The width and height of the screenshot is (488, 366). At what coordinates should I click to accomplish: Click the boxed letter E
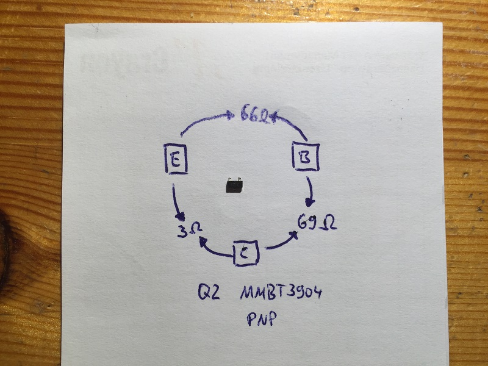pyautogui.click(x=176, y=159)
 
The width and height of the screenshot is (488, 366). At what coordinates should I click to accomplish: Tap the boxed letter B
pyautogui.click(x=306, y=157)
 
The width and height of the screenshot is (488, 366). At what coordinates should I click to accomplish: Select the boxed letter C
pyautogui.click(x=246, y=253)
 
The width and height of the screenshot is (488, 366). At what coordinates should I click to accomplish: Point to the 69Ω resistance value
pyautogui.click(x=317, y=222)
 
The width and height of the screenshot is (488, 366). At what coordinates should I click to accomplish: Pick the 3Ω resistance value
pyautogui.click(x=190, y=231)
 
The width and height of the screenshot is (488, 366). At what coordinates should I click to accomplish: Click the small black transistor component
pyautogui.click(x=234, y=185)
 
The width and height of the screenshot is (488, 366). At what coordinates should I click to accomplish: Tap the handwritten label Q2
pyautogui.click(x=209, y=292)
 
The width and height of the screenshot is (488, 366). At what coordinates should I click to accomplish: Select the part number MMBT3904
pyautogui.click(x=281, y=293)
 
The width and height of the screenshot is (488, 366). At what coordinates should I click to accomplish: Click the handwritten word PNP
pyautogui.click(x=262, y=319)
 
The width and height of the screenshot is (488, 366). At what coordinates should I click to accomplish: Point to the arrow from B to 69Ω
pyautogui.click(x=310, y=192)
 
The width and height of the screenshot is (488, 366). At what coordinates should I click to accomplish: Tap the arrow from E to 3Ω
pyautogui.click(x=177, y=203)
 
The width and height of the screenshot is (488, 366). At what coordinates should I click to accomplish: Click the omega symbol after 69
pyautogui.click(x=329, y=223)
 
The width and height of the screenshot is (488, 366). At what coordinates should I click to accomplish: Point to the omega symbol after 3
pyautogui.click(x=195, y=231)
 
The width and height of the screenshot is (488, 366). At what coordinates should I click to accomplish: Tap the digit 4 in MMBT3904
pyautogui.click(x=317, y=293)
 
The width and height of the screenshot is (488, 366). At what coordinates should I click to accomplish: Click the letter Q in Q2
pyautogui.click(x=204, y=292)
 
